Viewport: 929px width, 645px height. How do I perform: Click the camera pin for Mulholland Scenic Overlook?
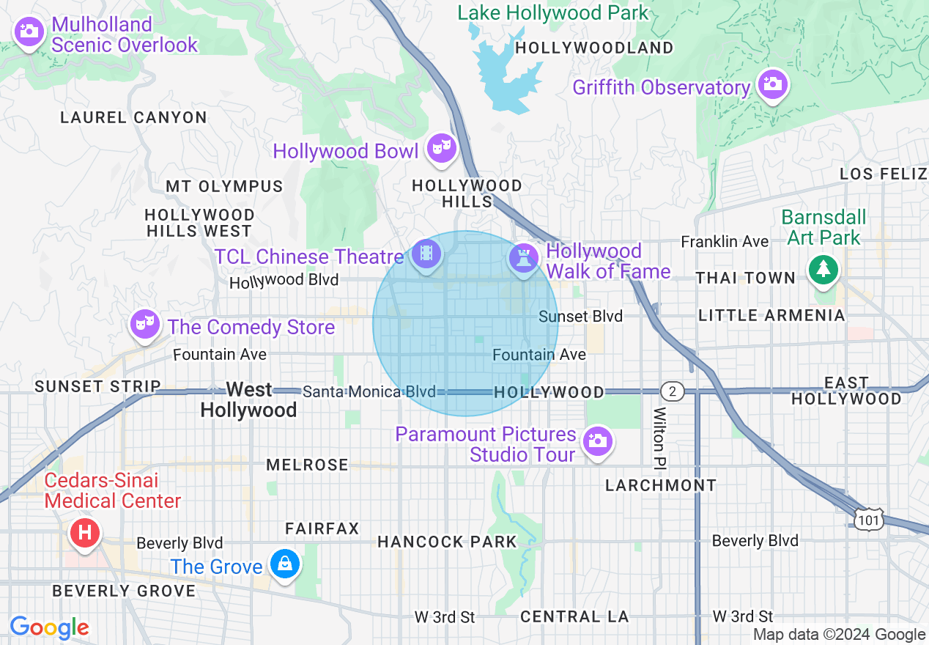(29, 32)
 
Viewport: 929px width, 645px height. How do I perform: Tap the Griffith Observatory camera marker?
(772, 84)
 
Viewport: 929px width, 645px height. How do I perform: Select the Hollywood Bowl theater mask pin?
(442, 148)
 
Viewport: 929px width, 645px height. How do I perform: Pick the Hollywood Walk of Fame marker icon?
(523, 258)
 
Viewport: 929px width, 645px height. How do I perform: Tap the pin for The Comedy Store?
(144, 323)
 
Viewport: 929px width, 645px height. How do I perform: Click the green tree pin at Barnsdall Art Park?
(824, 268)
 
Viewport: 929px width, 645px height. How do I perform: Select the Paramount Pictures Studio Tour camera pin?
(598, 441)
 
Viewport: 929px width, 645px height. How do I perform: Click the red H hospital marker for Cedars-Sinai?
(84, 532)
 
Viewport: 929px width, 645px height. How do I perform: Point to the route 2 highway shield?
(671, 391)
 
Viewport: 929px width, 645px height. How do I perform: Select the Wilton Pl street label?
(660, 438)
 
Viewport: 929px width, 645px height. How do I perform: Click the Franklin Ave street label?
(725, 242)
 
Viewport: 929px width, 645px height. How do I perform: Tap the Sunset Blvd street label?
(580, 316)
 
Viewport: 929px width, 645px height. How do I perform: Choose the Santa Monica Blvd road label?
(369, 391)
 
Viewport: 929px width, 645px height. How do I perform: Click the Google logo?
(49, 627)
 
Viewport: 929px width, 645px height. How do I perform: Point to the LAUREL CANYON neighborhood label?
(133, 117)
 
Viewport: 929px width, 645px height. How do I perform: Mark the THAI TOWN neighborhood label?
(745, 278)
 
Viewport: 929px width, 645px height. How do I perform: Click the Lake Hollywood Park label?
(553, 12)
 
